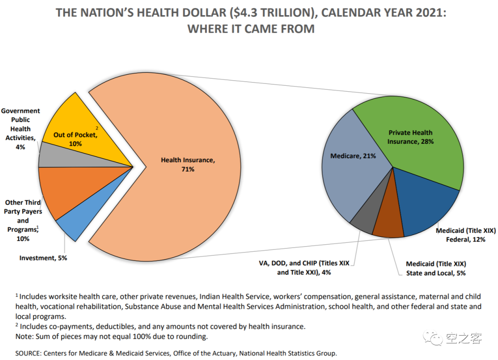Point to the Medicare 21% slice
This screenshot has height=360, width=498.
click(x=350, y=171)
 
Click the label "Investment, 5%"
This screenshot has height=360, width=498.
click(x=43, y=258)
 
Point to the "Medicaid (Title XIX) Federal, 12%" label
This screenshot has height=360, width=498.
click(x=466, y=235)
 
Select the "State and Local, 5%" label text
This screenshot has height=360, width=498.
click(x=436, y=273)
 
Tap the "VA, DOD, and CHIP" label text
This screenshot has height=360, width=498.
click(x=304, y=264)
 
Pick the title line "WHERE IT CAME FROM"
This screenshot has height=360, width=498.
click(x=251, y=29)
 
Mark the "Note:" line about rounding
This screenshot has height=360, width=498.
click(x=111, y=336)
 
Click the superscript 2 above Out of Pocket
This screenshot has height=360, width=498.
click(x=97, y=128)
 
